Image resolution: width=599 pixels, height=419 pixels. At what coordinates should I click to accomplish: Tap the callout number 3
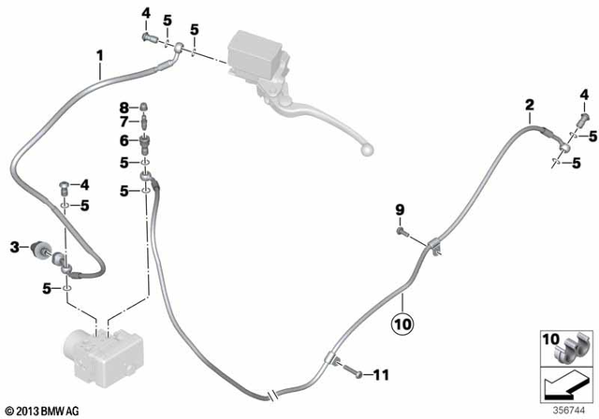tap(14, 247)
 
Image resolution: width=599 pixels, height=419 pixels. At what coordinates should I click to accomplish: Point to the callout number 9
tap(397, 209)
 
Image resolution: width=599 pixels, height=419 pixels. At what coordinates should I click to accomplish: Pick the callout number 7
tap(123, 122)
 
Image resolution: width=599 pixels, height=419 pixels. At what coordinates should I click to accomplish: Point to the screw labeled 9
tap(402, 230)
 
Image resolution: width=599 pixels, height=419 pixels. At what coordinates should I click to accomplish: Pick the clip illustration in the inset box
tap(573, 348)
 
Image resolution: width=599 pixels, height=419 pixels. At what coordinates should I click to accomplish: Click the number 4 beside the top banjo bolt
tap(146, 13)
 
